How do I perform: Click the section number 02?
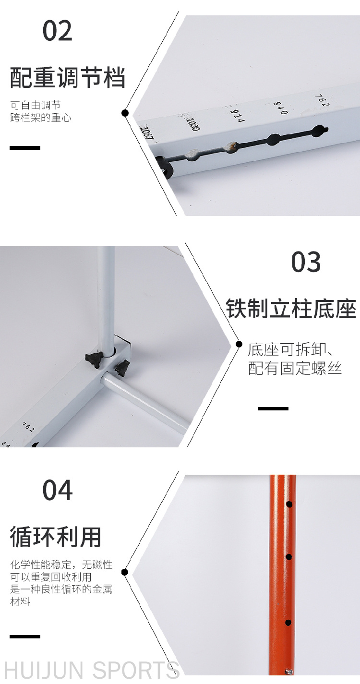pyautogui.click(x=58, y=31)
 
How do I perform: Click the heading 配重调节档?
pyautogui.click(x=68, y=78)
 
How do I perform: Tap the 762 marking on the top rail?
pyautogui.click(x=322, y=100)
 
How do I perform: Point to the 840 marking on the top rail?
pyautogui.click(x=280, y=108)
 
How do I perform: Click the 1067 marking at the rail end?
pyautogui.click(x=147, y=133)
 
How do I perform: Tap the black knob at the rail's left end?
pyautogui.click(x=165, y=167)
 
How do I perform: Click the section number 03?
pyautogui.click(x=306, y=262)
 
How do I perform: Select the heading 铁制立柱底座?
pyautogui.click(x=291, y=309)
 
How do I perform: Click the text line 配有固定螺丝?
pyautogui.click(x=295, y=368)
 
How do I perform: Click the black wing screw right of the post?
pyautogui.click(x=122, y=367)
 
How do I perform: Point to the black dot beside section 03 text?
pyautogui.click(x=239, y=345)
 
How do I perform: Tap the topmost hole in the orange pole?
pyautogui.click(x=289, y=504)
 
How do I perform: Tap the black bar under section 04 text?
pyautogui.click(x=25, y=636)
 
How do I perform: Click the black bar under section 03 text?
pyautogui.click(x=273, y=408)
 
